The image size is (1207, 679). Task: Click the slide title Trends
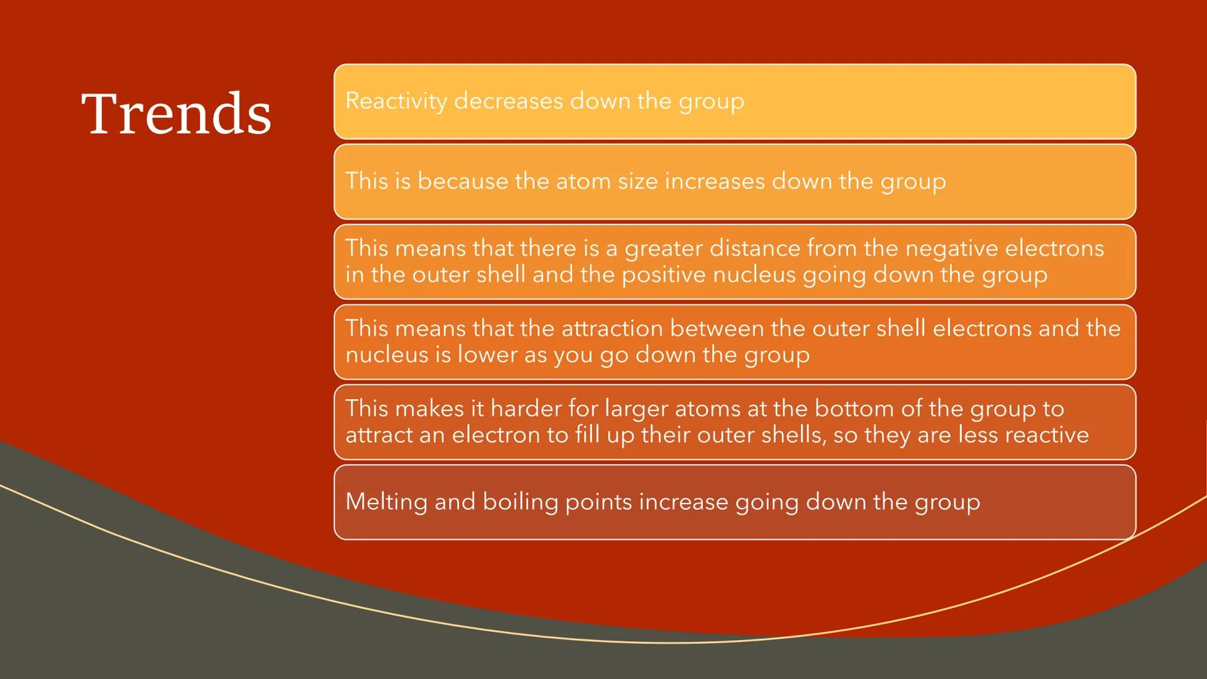click(177, 113)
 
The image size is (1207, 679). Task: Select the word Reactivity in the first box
click(396, 101)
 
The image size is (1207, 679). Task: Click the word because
click(463, 181)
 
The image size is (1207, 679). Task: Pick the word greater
click(664, 248)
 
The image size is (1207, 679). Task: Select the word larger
click(636, 409)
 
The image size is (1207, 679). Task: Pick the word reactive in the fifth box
click(1047, 435)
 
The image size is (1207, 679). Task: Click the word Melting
click(387, 502)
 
